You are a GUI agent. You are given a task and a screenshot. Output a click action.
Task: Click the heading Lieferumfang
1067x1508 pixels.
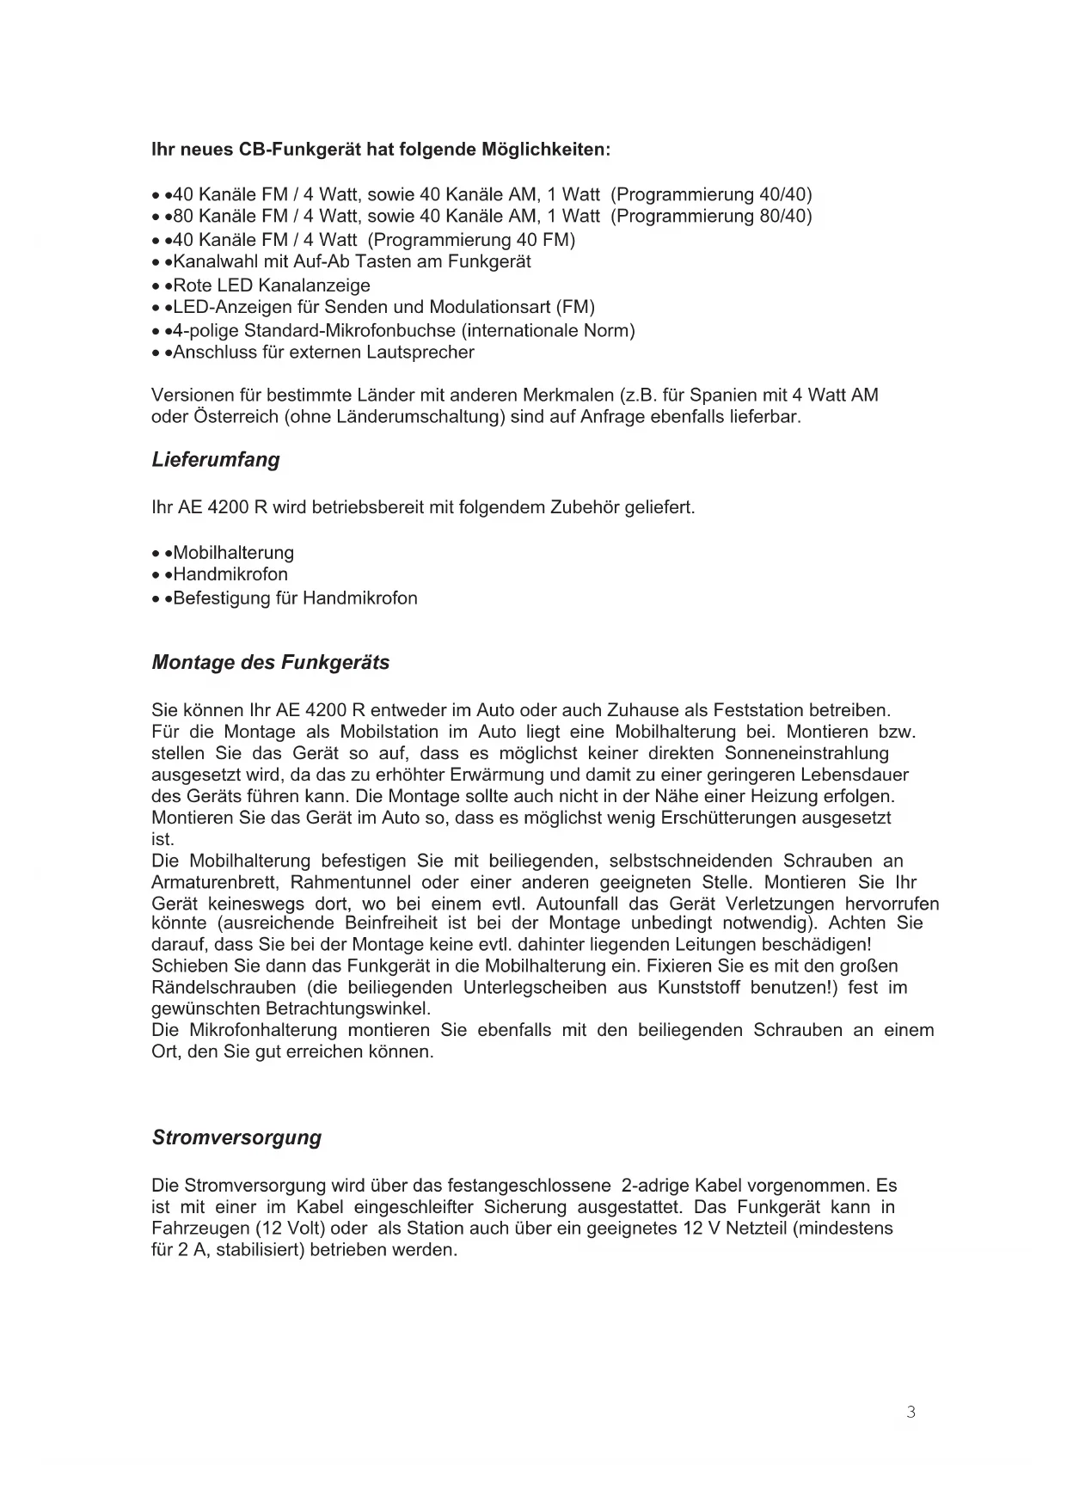216,460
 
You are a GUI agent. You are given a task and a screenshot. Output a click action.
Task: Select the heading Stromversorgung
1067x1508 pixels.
236,1137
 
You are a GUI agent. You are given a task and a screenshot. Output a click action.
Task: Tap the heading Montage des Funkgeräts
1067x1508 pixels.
270,663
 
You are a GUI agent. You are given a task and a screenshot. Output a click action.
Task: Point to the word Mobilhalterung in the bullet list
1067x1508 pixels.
233,553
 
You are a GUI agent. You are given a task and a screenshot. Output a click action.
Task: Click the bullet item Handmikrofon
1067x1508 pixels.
230,574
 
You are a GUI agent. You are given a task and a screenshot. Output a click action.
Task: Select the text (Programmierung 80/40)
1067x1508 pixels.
711,217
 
